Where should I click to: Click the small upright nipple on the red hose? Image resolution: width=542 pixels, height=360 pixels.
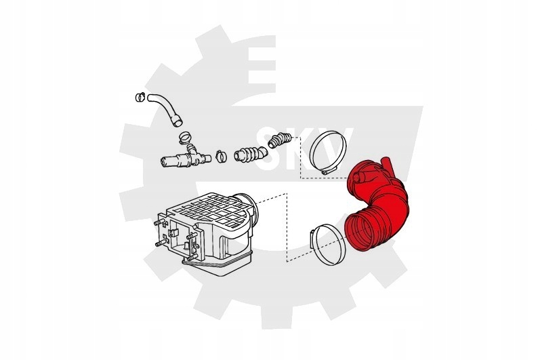pyautogui.click(x=386, y=164)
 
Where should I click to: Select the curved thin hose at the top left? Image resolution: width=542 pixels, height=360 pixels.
pyautogui.click(x=165, y=109)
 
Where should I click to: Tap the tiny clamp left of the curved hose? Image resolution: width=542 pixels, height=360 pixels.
pyautogui.click(x=140, y=97)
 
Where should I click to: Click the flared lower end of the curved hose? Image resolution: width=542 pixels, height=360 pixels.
pyautogui.click(x=178, y=121)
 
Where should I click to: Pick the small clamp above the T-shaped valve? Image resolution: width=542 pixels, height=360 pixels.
pyautogui.click(x=185, y=138)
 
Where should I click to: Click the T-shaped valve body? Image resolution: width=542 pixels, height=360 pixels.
pyautogui.click(x=185, y=159)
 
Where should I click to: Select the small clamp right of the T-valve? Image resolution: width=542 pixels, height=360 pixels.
pyautogui.click(x=220, y=157)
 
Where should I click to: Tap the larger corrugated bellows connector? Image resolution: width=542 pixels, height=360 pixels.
pyautogui.click(x=250, y=154)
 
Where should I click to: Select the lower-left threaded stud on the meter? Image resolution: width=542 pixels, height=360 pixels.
pyautogui.click(x=159, y=243)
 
